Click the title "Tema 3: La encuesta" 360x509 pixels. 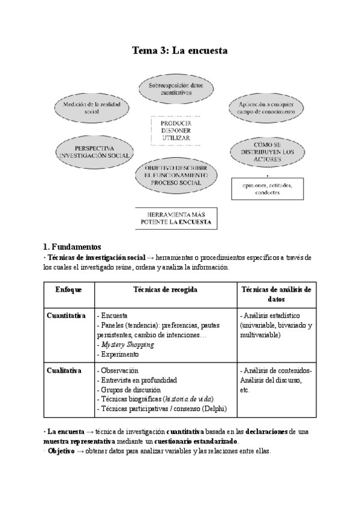[179, 51]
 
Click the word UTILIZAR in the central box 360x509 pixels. [176, 137]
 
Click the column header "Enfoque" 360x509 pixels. [68, 289]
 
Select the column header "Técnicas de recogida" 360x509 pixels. [165, 289]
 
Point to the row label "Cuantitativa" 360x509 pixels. [66, 315]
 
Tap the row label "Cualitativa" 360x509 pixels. [64, 370]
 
